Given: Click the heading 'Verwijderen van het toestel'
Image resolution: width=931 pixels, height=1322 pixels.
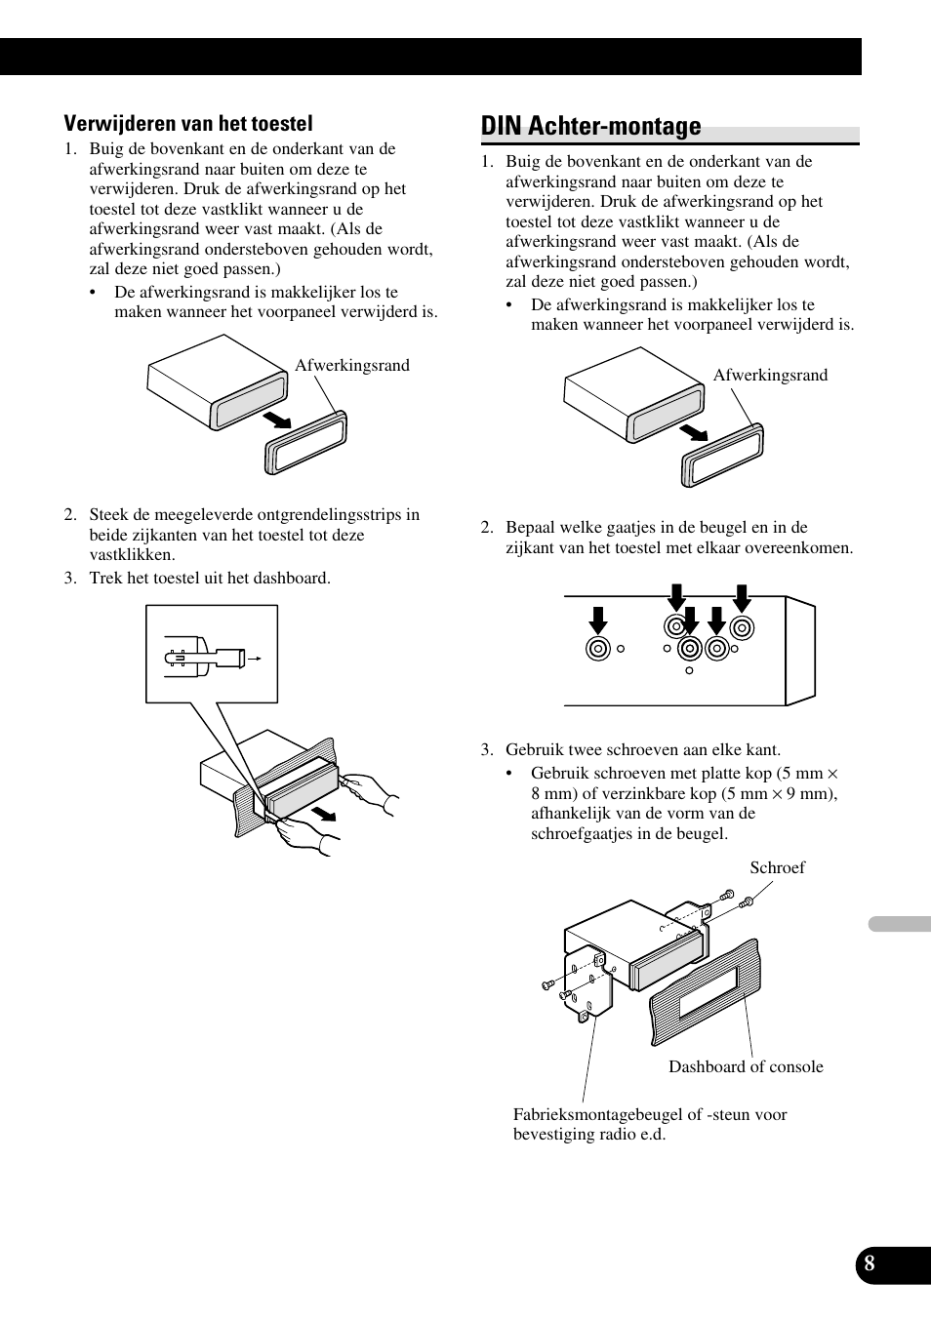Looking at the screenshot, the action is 187,124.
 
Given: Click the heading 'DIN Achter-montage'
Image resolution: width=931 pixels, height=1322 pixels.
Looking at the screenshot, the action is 591,126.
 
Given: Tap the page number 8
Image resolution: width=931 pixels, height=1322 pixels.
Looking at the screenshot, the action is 870,1263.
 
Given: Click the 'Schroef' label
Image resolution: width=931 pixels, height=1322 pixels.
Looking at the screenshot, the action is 777,867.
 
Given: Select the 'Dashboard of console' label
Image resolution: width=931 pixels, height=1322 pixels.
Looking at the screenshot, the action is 746,1066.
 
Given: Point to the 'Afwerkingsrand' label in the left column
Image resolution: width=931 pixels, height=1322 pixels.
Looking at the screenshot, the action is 352,365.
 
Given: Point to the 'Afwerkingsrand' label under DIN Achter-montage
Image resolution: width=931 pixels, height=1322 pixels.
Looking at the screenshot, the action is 770,375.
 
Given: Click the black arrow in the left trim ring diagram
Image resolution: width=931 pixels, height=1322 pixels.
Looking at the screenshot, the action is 277,421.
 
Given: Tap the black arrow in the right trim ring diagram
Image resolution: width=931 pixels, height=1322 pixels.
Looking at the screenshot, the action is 694,432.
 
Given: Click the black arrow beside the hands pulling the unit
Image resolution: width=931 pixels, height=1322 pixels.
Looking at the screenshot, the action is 324,814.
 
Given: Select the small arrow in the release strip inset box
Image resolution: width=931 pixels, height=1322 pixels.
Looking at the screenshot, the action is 255,659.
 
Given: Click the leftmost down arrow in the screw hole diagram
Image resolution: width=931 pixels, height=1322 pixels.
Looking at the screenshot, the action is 598,621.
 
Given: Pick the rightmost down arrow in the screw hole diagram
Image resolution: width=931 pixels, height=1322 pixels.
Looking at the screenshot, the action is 742,598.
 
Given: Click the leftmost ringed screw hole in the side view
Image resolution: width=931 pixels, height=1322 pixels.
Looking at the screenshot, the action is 598,649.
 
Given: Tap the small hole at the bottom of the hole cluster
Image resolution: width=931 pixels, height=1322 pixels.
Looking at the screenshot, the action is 689,670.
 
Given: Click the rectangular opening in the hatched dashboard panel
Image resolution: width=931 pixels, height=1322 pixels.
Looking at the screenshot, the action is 708,993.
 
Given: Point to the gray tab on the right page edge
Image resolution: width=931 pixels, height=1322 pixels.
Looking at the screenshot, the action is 900,924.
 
